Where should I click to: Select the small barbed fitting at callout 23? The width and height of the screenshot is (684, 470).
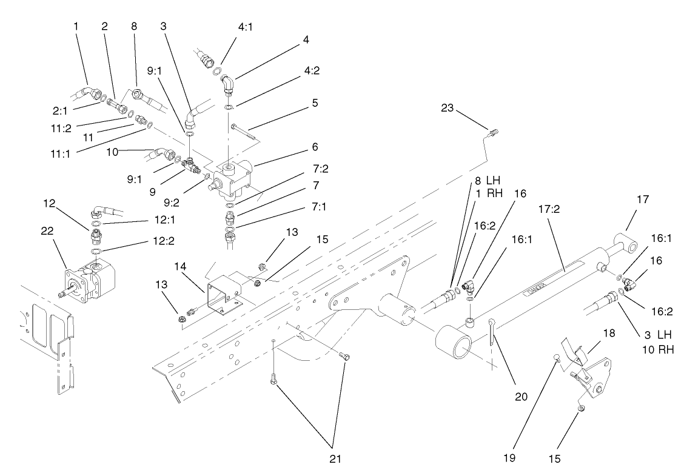click(x=491, y=130)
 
